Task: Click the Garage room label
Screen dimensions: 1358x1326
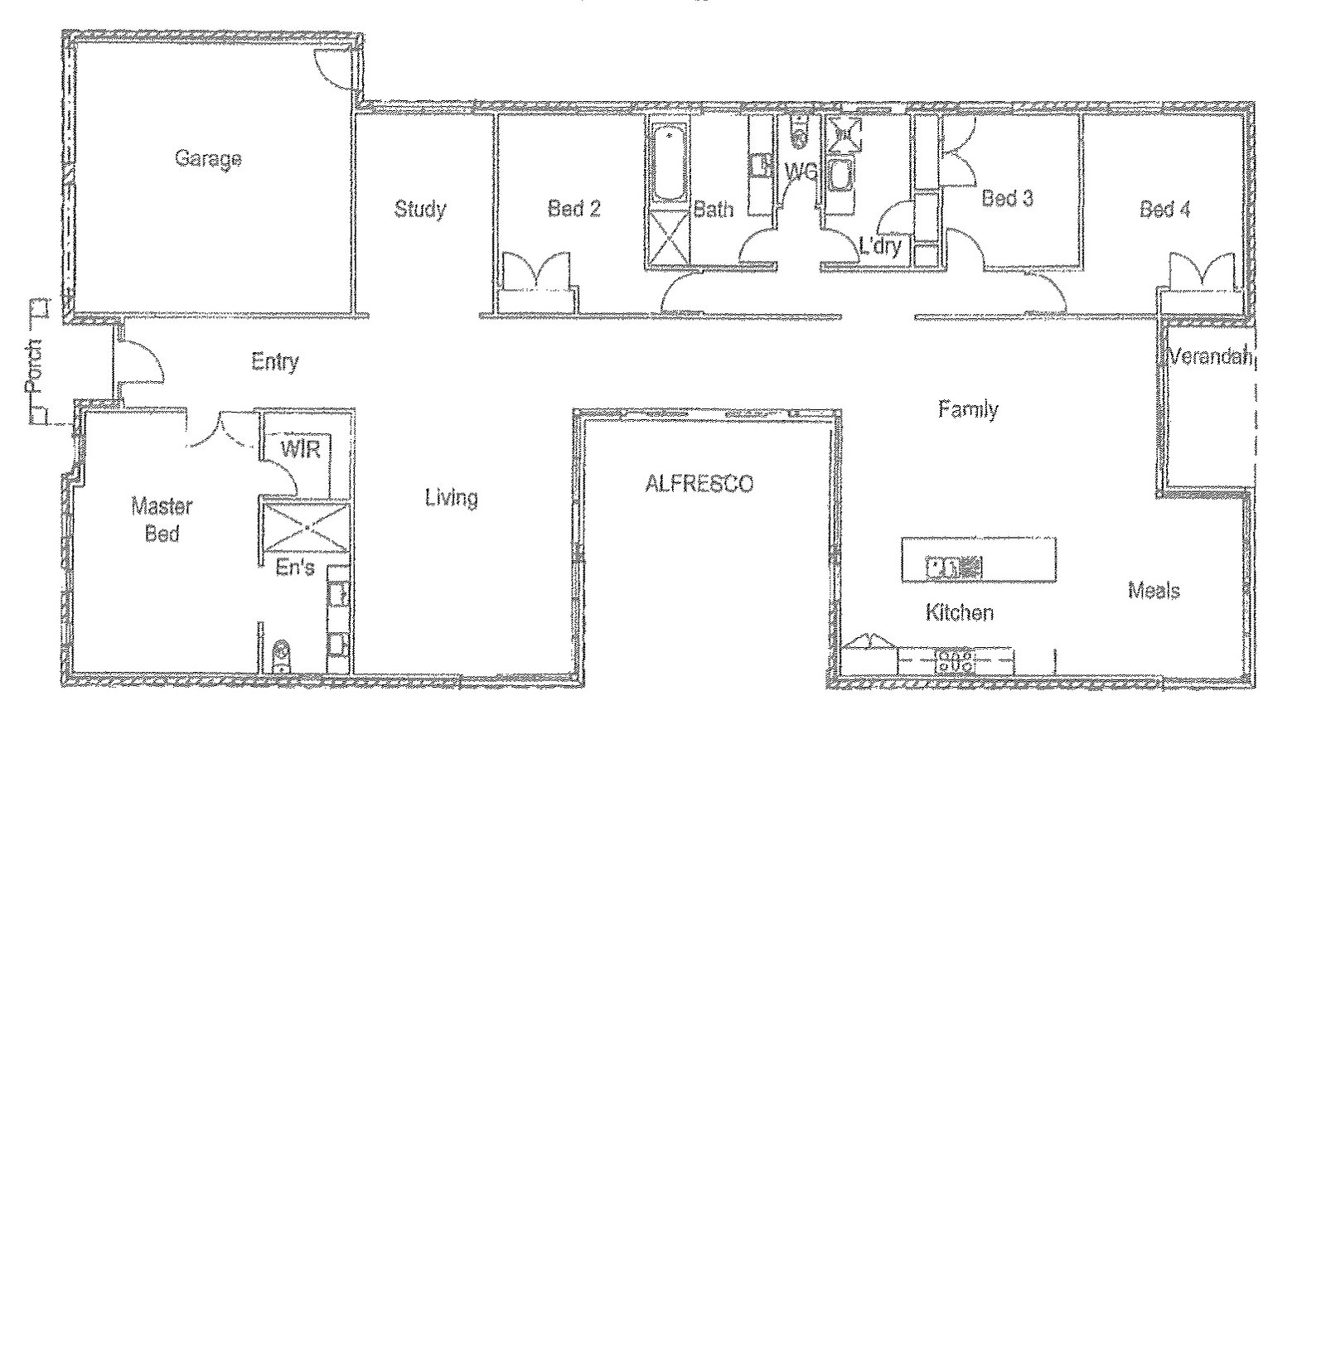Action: point(208,158)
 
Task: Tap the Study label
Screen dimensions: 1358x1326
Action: point(419,209)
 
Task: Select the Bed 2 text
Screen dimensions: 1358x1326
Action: point(573,209)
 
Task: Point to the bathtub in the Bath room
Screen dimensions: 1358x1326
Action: point(667,163)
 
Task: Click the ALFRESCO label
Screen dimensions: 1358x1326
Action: point(699,484)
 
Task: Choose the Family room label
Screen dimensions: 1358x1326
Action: point(968,409)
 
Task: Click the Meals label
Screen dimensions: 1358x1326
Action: point(1154,591)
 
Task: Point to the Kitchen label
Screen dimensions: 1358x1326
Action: point(959,613)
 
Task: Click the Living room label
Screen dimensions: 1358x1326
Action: point(451,498)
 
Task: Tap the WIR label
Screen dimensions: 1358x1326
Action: point(300,450)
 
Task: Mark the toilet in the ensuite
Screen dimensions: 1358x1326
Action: point(282,656)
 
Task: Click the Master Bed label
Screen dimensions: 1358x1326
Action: point(162,520)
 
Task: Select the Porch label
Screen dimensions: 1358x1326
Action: point(34,365)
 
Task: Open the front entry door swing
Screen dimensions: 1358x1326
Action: point(141,362)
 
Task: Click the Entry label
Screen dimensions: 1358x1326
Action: point(274,362)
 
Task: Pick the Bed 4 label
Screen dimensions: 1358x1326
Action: point(1164,210)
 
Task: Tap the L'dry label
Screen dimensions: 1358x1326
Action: point(879,246)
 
